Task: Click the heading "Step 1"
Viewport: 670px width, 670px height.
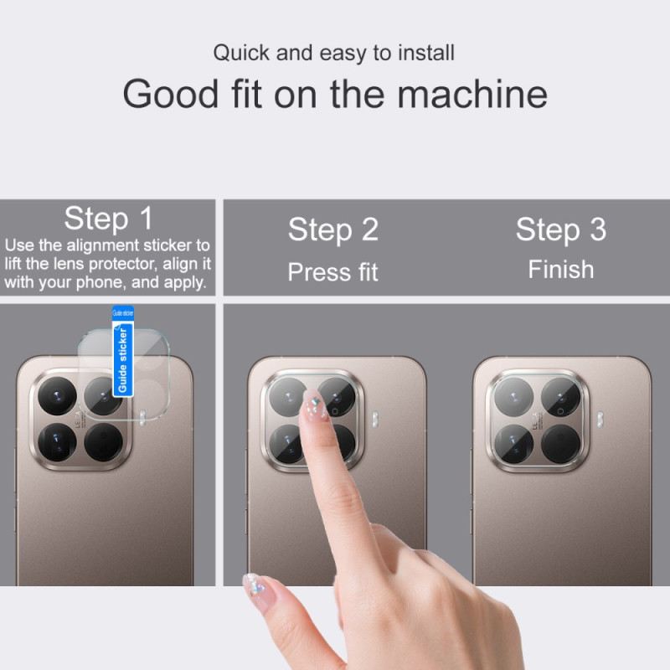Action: [109, 219]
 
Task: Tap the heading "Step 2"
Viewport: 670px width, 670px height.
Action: [333, 229]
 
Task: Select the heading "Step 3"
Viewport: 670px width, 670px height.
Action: [560, 229]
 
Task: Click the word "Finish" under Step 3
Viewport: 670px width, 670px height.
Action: [560, 270]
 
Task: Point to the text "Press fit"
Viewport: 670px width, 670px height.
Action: [333, 272]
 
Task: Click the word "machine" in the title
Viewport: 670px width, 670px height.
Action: [472, 94]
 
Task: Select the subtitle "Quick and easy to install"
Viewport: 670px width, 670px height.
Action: [333, 53]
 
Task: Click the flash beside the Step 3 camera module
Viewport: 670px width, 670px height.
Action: [600, 417]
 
